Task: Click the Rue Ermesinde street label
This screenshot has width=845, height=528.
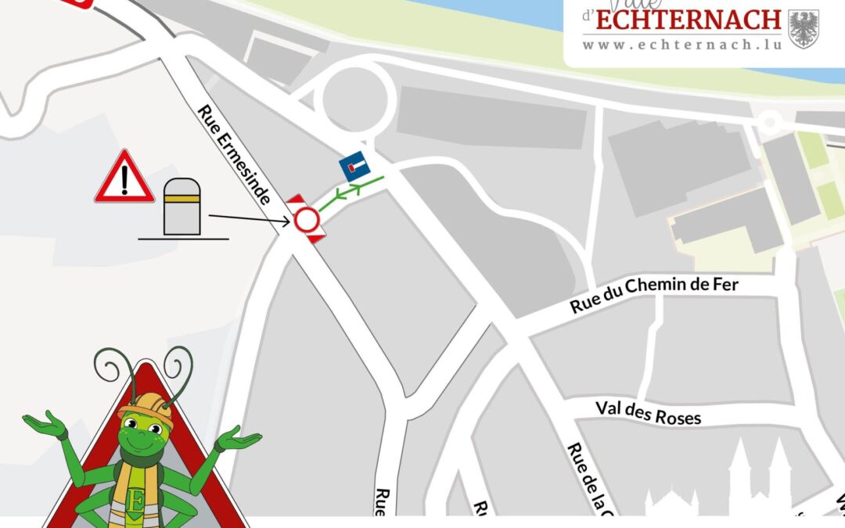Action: (x=235, y=155)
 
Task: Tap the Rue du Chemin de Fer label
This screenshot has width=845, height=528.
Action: (x=653, y=294)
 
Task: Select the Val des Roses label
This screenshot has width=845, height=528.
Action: (x=648, y=412)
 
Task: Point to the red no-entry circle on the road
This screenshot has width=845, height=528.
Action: (x=306, y=220)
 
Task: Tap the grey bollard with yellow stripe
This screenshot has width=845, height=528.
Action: (x=182, y=207)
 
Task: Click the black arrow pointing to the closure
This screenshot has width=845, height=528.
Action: (x=250, y=220)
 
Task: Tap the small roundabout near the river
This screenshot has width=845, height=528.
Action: (x=770, y=121)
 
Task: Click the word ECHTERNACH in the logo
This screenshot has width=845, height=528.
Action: (x=688, y=20)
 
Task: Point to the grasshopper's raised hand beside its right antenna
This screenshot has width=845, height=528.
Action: (x=238, y=441)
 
